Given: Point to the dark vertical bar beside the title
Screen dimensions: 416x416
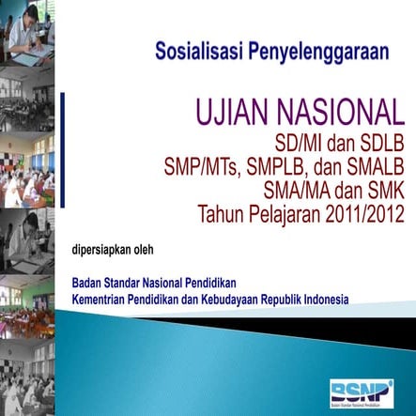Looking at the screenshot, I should (63, 156).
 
